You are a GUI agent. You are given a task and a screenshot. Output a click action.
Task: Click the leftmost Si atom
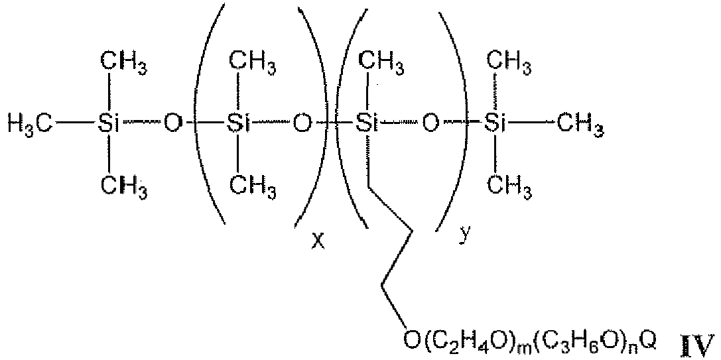108,124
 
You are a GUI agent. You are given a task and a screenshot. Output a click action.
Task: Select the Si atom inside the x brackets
237,124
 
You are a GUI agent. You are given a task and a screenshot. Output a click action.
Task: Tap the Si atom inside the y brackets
367,124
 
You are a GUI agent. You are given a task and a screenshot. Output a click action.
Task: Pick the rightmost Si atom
495,124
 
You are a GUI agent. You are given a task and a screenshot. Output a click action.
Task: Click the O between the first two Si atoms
172,124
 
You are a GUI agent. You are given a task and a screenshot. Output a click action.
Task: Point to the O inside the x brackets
302,124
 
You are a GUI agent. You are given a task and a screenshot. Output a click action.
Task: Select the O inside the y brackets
430,124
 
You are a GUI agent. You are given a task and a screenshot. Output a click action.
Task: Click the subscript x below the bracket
317,241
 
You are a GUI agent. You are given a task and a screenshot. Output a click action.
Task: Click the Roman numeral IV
698,342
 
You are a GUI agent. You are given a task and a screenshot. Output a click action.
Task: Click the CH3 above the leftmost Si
123,62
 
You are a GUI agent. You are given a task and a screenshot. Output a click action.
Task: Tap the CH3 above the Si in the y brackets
381,62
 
